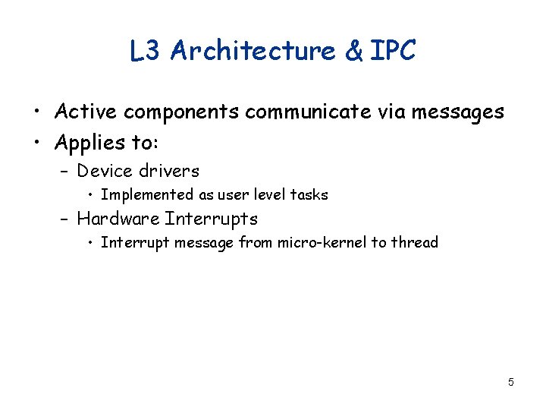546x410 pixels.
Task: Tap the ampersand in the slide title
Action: [x=353, y=51]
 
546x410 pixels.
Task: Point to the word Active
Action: [x=85, y=112]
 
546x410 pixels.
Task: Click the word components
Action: [x=181, y=112]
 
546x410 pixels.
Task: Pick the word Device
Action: [x=104, y=171]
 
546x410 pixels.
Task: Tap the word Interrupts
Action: [x=212, y=219]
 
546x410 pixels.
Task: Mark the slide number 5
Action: [x=511, y=382]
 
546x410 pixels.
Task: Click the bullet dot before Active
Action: [x=37, y=112]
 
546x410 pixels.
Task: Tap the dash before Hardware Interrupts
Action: [x=64, y=219]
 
